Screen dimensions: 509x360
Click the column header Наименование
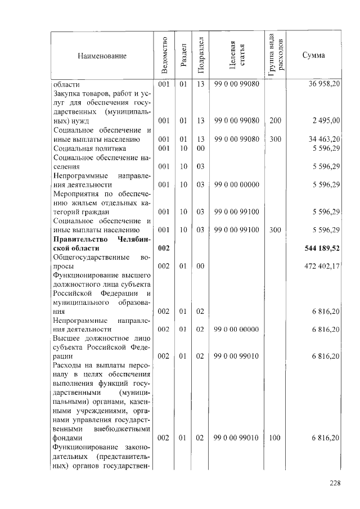pos(102,56)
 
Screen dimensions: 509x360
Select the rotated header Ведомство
pos(164,55)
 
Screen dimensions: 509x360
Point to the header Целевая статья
pos(236,55)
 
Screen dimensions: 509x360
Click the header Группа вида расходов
pos(276,55)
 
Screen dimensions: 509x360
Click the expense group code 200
pos(275,120)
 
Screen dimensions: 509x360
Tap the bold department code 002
pos(164,248)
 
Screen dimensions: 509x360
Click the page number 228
pos(336,482)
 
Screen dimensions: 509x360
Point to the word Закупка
pos(67,93)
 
